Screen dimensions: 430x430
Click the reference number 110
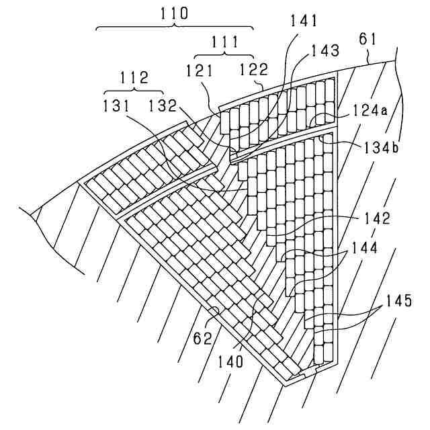pyautogui.click(x=175, y=13)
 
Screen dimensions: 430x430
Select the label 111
pyautogui.click(x=224, y=42)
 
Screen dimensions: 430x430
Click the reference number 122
pyautogui.click(x=254, y=69)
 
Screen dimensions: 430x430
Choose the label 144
pyautogui.click(x=362, y=247)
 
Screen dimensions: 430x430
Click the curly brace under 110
pyautogui.click(x=175, y=28)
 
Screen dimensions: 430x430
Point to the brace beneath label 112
pyautogui.click(x=134, y=91)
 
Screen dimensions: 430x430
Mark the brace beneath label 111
pyautogui.click(x=224, y=55)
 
